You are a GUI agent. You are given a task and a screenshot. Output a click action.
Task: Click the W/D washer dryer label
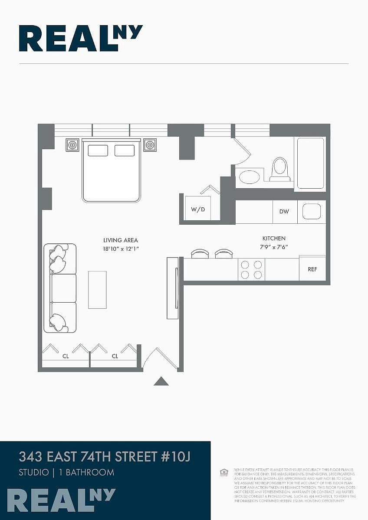pyautogui.click(x=198, y=209)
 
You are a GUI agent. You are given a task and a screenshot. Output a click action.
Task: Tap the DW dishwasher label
pyautogui.click(x=284, y=212)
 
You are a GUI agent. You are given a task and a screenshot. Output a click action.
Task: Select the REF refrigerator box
pyautogui.click(x=312, y=269)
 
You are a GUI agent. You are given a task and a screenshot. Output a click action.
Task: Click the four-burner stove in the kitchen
pyautogui.click(x=251, y=269)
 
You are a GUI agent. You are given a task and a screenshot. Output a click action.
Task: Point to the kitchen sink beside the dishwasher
pyautogui.click(x=312, y=211)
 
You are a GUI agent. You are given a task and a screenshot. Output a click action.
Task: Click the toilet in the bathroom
pyautogui.click(x=280, y=169)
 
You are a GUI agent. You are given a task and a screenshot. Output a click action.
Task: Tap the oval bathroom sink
pyautogui.click(x=250, y=177)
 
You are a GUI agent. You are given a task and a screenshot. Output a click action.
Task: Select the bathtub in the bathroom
pyautogui.click(x=310, y=163)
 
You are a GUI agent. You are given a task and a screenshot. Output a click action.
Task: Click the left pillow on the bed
pyautogui.click(x=98, y=150)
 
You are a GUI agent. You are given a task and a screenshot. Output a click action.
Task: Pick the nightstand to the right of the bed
pyautogui.click(x=150, y=145)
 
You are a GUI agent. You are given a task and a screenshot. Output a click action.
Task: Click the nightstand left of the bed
pyautogui.click(x=72, y=145)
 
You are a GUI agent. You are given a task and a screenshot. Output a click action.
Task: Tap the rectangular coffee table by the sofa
pyautogui.click(x=97, y=290)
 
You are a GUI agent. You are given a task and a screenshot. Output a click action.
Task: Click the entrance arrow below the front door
pyautogui.click(x=161, y=381)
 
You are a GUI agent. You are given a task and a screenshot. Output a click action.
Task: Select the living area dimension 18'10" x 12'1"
pyautogui.click(x=121, y=249)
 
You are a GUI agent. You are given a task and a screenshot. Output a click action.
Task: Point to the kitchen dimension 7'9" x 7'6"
pyautogui.click(x=274, y=247)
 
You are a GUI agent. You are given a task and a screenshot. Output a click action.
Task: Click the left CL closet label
pyautogui.click(x=66, y=356)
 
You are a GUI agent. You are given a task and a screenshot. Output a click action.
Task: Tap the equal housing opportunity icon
pyautogui.click(x=224, y=472)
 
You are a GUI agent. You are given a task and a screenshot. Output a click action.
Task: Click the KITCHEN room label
pyautogui.click(x=274, y=239)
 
